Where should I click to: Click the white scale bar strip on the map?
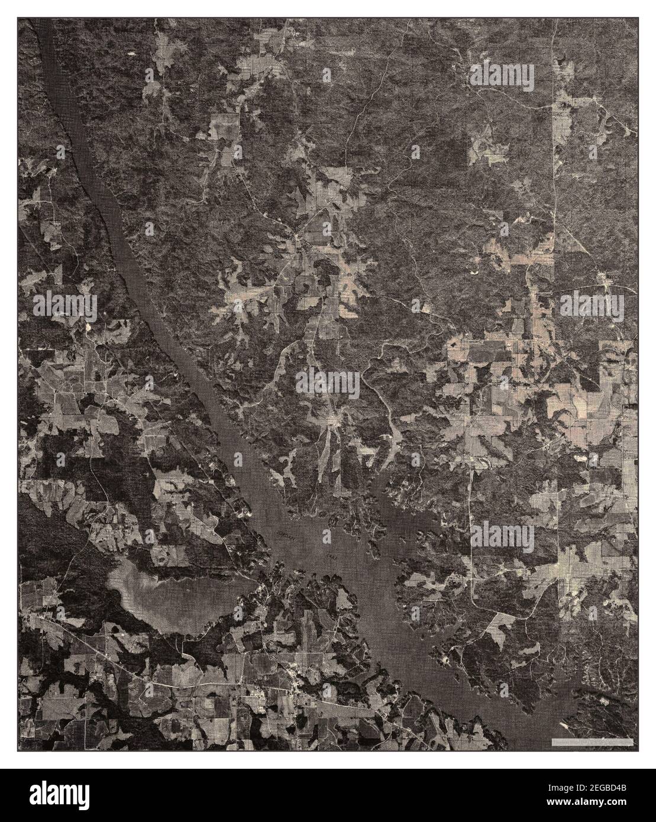(x=592, y=742)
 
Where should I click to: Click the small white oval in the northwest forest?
(x=130, y=54)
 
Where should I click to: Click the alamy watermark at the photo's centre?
(x=327, y=381)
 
